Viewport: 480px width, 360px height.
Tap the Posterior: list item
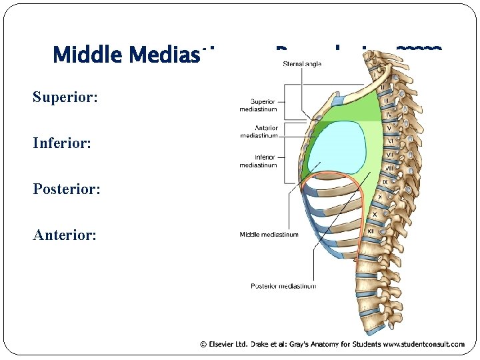[67, 189]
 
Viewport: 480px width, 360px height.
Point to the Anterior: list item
[65, 235]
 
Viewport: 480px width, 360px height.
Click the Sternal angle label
[303, 64]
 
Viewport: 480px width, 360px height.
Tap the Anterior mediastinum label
[259, 132]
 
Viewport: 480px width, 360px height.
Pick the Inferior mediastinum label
[259, 161]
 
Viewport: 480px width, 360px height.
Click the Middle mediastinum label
[269, 234]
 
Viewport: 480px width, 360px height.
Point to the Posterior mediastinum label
[283, 286]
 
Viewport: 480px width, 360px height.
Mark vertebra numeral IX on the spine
[384, 182]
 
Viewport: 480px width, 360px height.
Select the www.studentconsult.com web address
[424, 345]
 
